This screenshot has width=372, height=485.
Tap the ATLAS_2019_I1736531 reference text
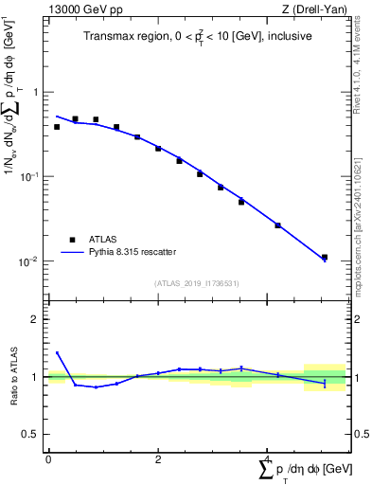pos(198,283)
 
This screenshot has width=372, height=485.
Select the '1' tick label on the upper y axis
pos(36,92)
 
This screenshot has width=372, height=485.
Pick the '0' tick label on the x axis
pos(48,459)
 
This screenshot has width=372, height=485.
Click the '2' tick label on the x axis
pos(158,459)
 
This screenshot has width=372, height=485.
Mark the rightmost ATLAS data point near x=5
pos(324,257)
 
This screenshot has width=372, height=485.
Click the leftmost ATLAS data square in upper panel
pos(57,126)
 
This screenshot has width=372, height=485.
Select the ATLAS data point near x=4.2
pos(277,225)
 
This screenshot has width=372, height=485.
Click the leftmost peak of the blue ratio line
pos(57,352)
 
